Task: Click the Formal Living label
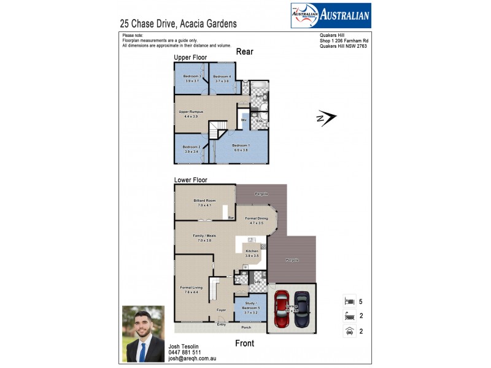(x=191, y=289)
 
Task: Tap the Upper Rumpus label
(x=191, y=113)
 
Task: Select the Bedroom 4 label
(x=222, y=79)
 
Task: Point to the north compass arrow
(x=328, y=117)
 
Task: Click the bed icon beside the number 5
(x=349, y=301)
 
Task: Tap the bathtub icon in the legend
(x=349, y=316)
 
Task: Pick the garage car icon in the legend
(x=349, y=331)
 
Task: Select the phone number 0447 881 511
(x=184, y=353)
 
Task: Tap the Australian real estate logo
(x=330, y=15)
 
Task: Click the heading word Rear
(x=244, y=52)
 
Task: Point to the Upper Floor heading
(x=190, y=57)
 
